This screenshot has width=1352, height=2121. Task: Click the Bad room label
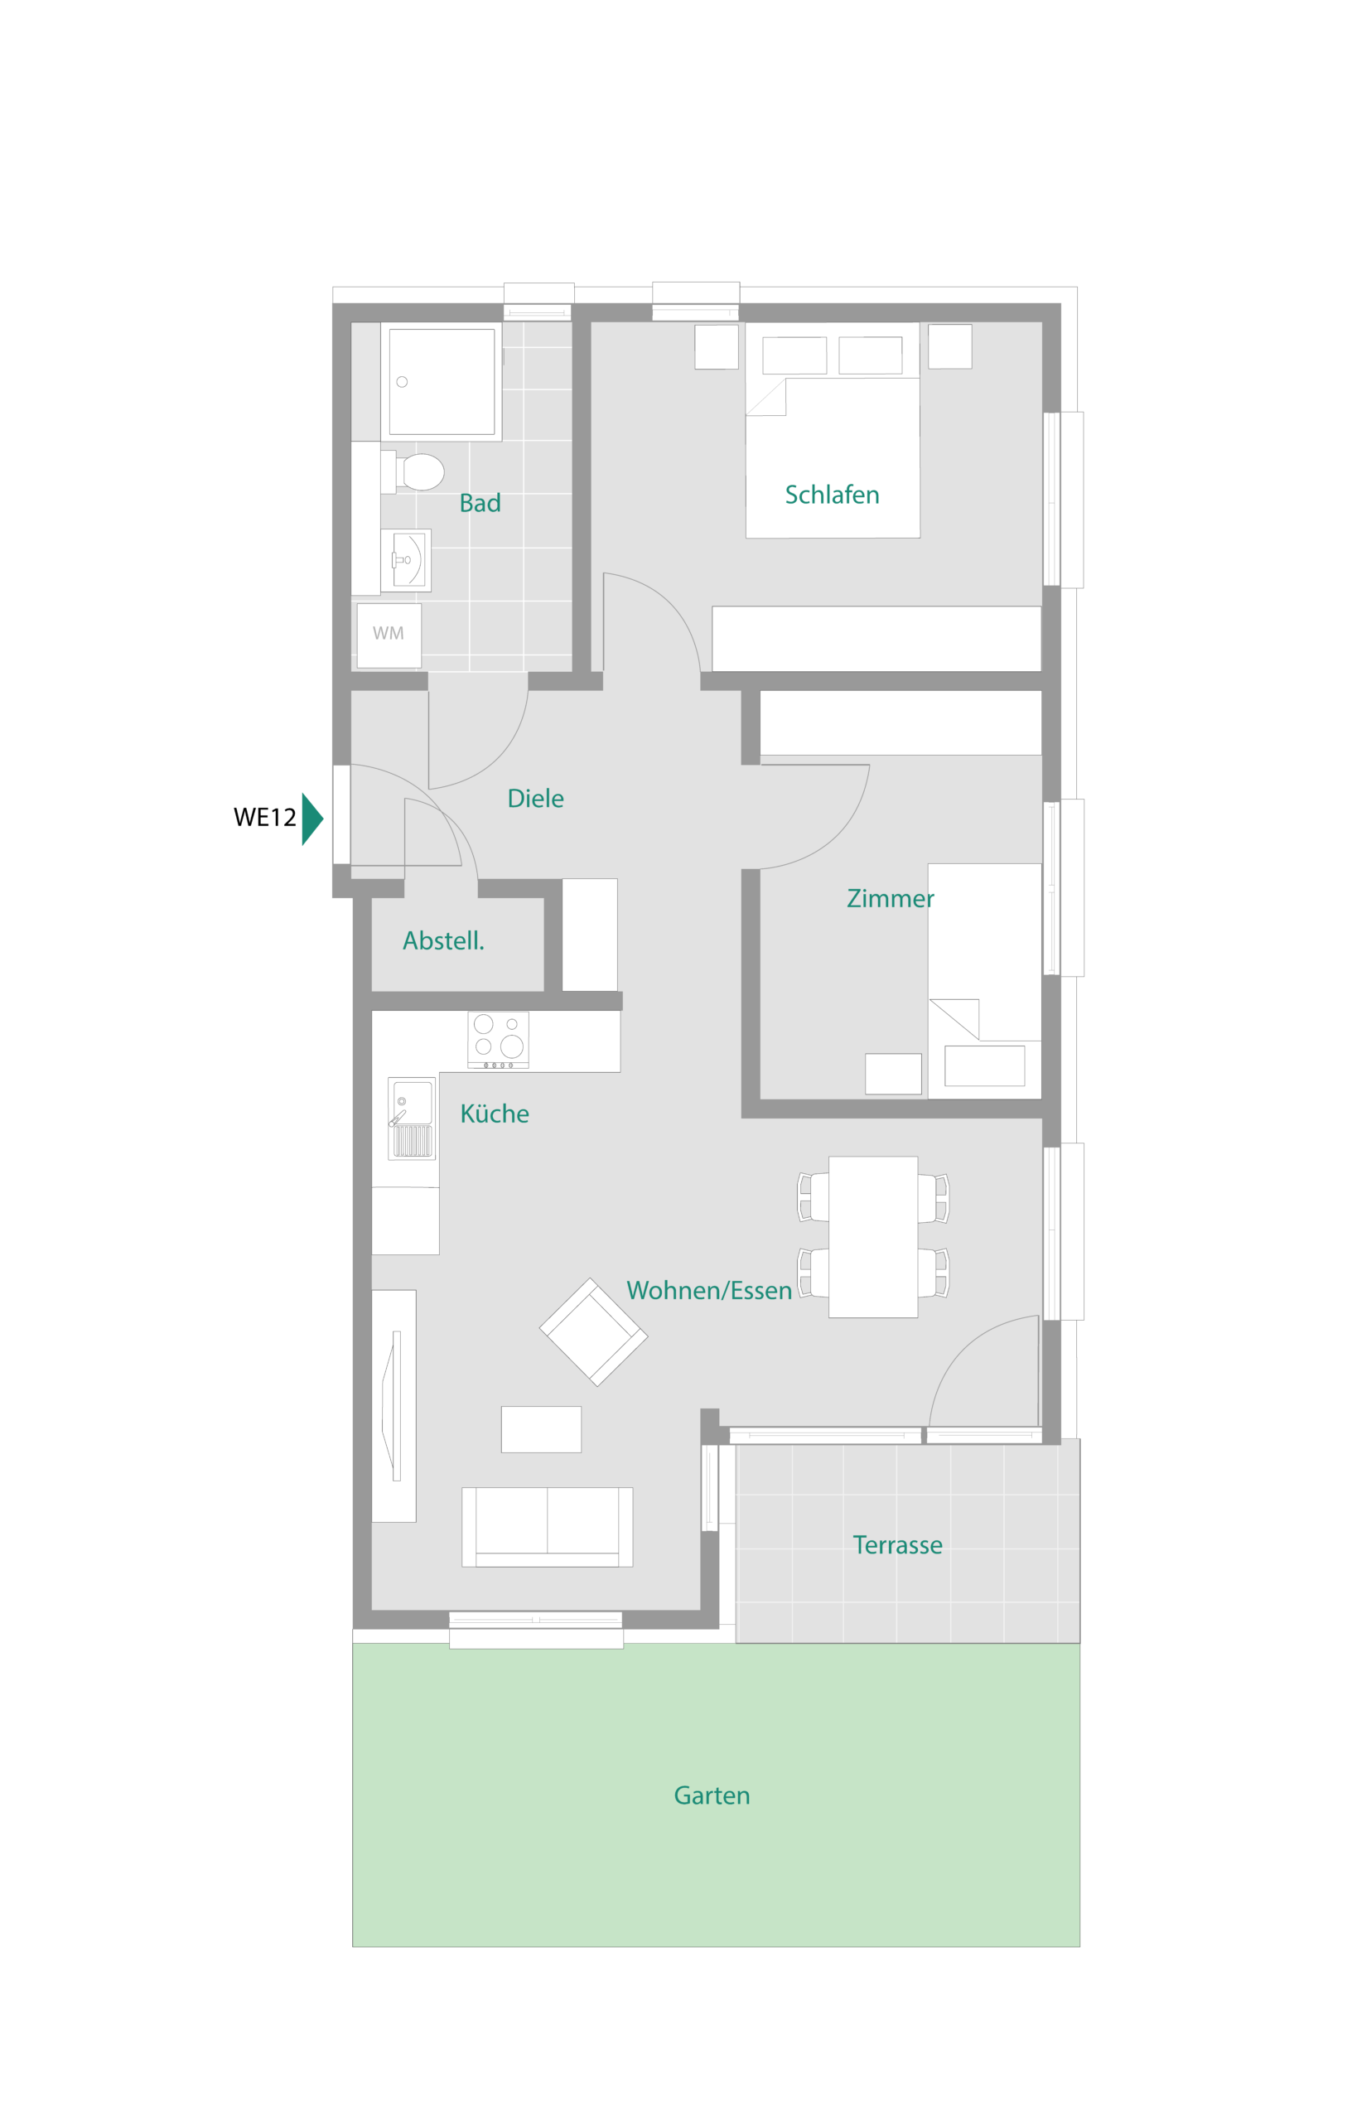(x=480, y=503)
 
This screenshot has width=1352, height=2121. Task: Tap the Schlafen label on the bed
(x=832, y=495)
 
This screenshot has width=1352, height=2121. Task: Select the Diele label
(x=535, y=798)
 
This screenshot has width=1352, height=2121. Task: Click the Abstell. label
(x=443, y=940)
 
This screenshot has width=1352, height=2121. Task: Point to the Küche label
(x=494, y=1114)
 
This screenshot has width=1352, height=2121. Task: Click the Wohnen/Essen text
(x=708, y=1290)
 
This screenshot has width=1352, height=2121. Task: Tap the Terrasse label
(x=896, y=1545)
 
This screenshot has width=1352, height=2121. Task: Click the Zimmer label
(x=890, y=898)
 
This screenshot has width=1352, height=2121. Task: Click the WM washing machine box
(x=389, y=633)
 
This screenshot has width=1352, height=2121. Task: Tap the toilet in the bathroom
(x=419, y=472)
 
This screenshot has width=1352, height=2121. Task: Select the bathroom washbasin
(x=407, y=560)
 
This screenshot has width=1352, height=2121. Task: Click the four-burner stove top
(x=498, y=1038)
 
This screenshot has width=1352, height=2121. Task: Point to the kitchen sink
(x=412, y=1117)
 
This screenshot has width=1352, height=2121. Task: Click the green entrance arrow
(x=311, y=819)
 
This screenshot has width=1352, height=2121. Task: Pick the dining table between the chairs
(x=872, y=1236)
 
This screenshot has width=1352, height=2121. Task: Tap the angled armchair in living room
(x=593, y=1331)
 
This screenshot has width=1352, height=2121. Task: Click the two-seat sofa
(x=547, y=1526)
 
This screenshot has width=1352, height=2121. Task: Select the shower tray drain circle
(x=402, y=381)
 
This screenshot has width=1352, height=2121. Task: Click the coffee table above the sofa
(x=541, y=1428)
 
